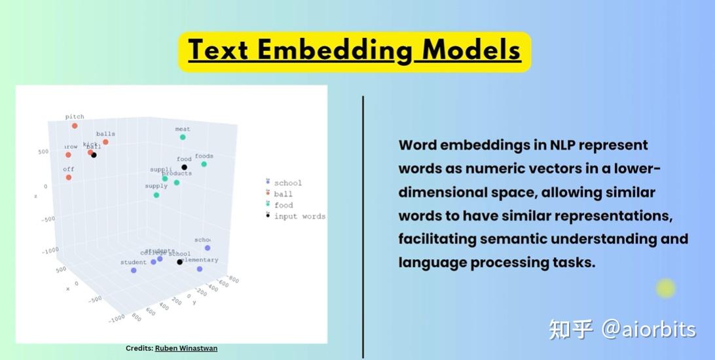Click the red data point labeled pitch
pyautogui.click(x=75, y=126)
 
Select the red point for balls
pyautogui.click(x=105, y=142)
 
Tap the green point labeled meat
pyautogui.click(x=183, y=137)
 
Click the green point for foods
pyautogui.click(x=204, y=164)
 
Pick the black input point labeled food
pyautogui.click(x=184, y=168)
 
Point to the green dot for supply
pyautogui.click(x=156, y=195)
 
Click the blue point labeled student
pyautogui.click(x=134, y=270)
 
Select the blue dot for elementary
pyautogui.click(x=200, y=268)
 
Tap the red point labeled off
pyautogui.click(x=68, y=177)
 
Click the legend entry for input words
pyautogui.click(x=299, y=216)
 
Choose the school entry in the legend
pyautogui.click(x=287, y=183)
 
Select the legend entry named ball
pyautogui.click(x=283, y=194)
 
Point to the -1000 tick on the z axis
pyautogui.click(x=49, y=249)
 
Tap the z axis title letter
pyautogui.click(x=35, y=195)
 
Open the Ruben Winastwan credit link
pyautogui.click(x=186, y=348)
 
